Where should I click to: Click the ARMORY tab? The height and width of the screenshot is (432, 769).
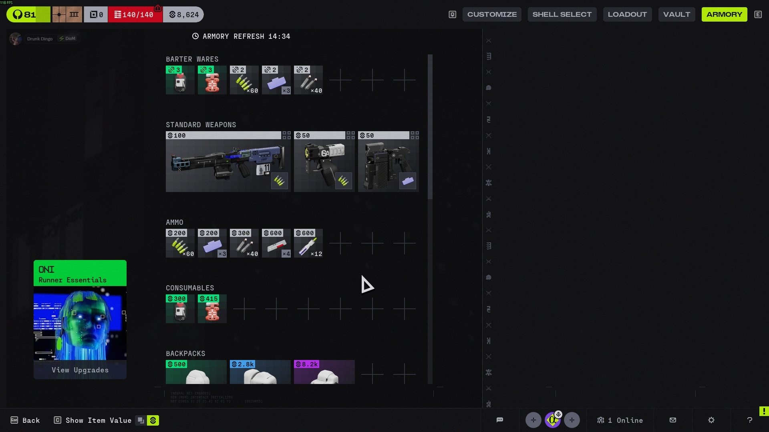point(724,14)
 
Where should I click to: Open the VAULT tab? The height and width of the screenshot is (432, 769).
point(676,14)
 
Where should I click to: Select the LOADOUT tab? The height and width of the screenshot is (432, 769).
point(627,14)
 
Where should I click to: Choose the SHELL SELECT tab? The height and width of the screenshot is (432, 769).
point(562,14)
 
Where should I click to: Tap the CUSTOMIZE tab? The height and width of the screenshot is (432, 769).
point(492,14)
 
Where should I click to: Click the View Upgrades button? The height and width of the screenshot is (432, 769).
point(80,370)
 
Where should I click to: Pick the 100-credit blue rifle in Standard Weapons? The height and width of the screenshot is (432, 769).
point(228,162)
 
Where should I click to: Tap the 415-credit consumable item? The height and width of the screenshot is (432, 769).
point(212,309)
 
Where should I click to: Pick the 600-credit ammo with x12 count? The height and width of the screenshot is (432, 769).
point(308,244)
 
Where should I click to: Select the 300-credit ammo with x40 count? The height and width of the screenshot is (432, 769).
point(244,244)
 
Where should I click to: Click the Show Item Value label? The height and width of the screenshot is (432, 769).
point(98,420)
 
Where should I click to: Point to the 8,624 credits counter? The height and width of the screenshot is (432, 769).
point(183,15)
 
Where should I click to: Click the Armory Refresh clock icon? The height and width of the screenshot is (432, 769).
point(195,36)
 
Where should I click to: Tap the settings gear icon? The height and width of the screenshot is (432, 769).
point(711,420)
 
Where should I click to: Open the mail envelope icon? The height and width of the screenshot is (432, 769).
point(673,420)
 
